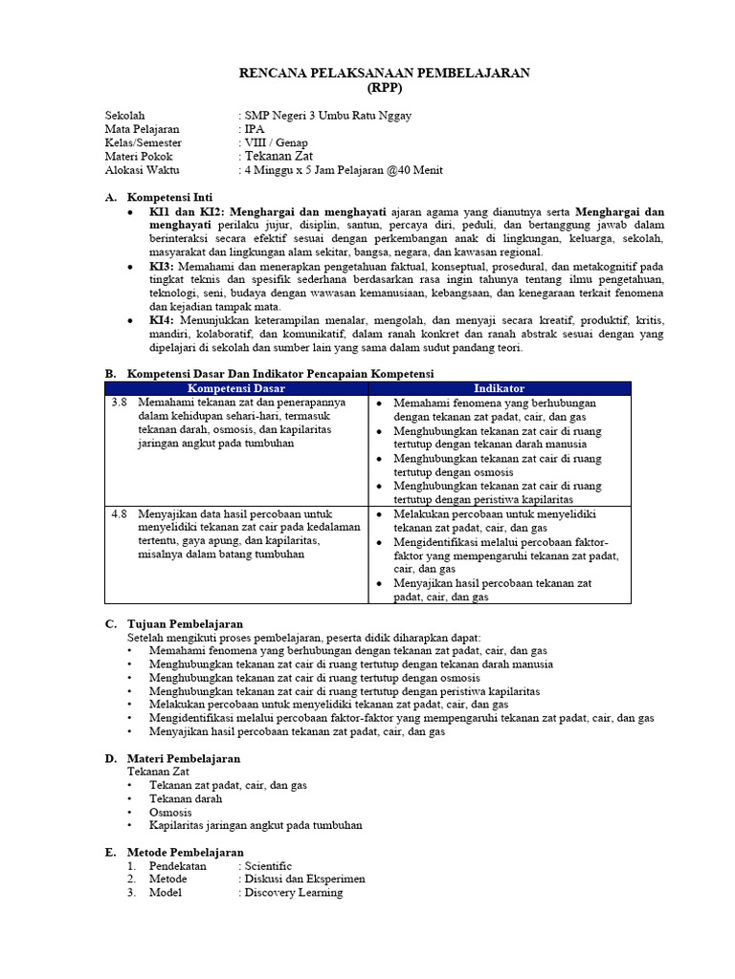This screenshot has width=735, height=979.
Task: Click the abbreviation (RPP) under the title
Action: coord(384,87)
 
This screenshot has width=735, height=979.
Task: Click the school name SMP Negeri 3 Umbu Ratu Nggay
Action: coord(328,116)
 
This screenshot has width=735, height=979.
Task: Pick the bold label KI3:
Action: coord(161,266)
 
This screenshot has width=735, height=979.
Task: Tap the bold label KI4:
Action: coord(161,320)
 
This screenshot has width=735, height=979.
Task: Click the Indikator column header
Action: coord(499,389)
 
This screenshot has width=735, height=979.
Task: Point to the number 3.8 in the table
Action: coord(120,403)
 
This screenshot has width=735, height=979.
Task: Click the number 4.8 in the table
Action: coord(120,514)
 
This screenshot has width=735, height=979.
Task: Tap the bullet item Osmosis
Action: coord(170,812)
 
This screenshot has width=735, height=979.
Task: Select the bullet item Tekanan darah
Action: coord(186,798)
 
